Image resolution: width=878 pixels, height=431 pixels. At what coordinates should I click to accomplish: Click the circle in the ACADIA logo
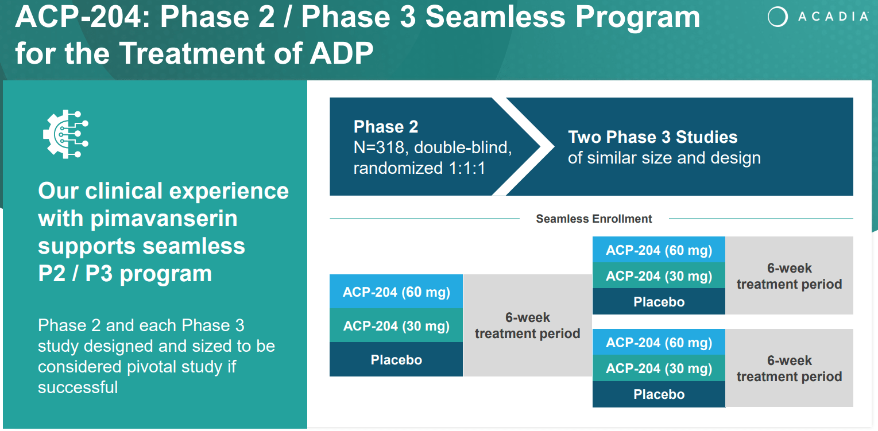[x=778, y=17]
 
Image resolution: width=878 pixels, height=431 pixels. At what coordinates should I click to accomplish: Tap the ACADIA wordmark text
[x=833, y=17]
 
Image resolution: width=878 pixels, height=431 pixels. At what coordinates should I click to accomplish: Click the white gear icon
[x=66, y=134]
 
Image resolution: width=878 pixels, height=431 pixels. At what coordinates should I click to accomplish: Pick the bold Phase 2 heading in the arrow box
[x=386, y=127]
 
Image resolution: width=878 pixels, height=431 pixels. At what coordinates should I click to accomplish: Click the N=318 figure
[x=378, y=147]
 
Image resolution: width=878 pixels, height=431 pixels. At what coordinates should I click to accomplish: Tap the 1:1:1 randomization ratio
[x=467, y=168]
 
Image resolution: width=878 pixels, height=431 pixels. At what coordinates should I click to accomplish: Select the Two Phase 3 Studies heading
[x=653, y=137]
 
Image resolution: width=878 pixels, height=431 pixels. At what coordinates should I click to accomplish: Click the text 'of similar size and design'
[x=664, y=157]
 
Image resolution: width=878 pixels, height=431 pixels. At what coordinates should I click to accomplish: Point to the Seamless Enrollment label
[x=594, y=219]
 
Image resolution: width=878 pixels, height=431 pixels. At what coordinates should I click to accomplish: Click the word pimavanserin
[x=164, y=218]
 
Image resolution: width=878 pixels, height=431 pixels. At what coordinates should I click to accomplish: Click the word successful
[x=78, y=387]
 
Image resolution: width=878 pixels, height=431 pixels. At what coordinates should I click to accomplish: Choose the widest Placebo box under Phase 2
[x=396, y=359]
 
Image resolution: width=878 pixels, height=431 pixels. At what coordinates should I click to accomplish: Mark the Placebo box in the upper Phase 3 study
[x=659, y=301]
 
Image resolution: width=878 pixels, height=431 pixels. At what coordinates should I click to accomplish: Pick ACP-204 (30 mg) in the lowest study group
[x=659, y=368]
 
